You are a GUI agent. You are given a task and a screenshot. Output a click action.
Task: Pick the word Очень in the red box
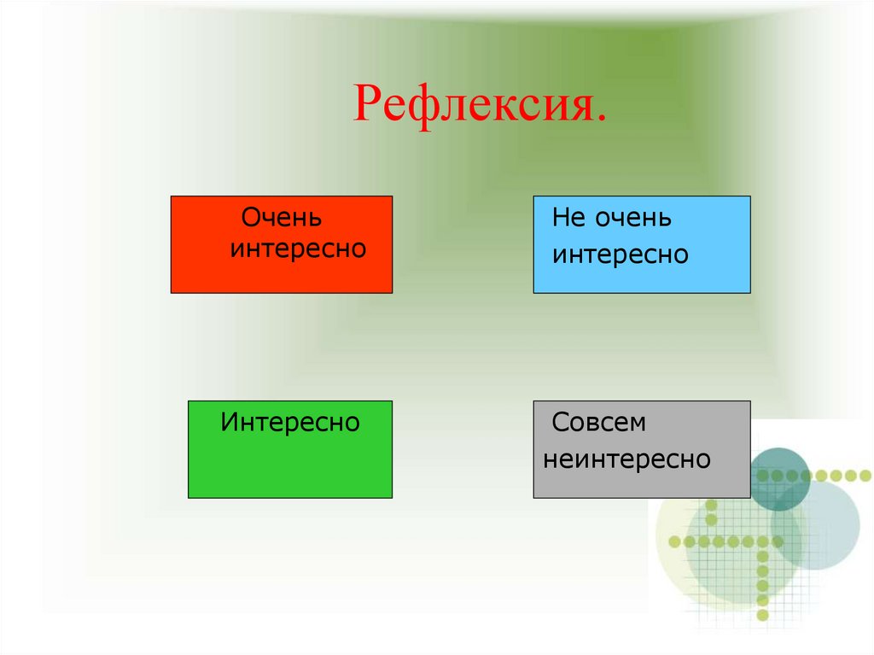pos(282,218)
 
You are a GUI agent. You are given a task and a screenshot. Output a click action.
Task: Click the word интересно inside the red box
pos(298,249)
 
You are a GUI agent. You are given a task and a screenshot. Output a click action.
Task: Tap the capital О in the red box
pos(252,218)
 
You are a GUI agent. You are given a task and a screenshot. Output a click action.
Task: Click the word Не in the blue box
pos(567,218)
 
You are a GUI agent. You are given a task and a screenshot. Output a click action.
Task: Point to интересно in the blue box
pos(621,254)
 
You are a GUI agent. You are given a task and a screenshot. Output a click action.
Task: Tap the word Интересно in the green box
pos(290,422)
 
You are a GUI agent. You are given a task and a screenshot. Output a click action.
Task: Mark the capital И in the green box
pos(229,422)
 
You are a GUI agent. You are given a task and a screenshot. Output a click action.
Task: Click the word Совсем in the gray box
pos(599,423)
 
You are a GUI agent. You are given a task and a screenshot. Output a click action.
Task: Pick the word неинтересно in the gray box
pos(627,459)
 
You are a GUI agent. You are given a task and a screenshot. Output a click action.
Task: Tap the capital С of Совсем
pos(560,423)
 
